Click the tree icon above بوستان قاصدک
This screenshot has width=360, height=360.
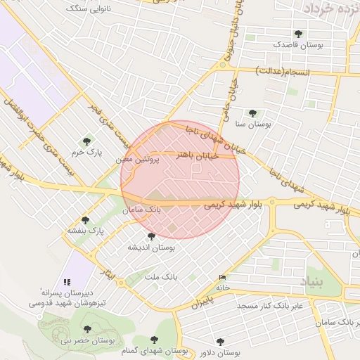coord(299,34)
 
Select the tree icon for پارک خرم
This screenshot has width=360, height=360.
coord(87,141)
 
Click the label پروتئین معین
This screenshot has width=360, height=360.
coord(138,160)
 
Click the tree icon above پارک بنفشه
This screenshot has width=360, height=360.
coord(85,220)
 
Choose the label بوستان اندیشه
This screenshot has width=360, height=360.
coord(150,247)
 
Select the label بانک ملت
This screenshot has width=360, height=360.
coord(161,277)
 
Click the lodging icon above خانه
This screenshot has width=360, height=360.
coord(223,277)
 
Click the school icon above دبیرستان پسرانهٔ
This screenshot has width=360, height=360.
coord(67,281)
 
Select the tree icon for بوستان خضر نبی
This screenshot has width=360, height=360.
coord(87,329)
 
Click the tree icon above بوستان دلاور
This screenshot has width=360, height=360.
coord(220,342)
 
